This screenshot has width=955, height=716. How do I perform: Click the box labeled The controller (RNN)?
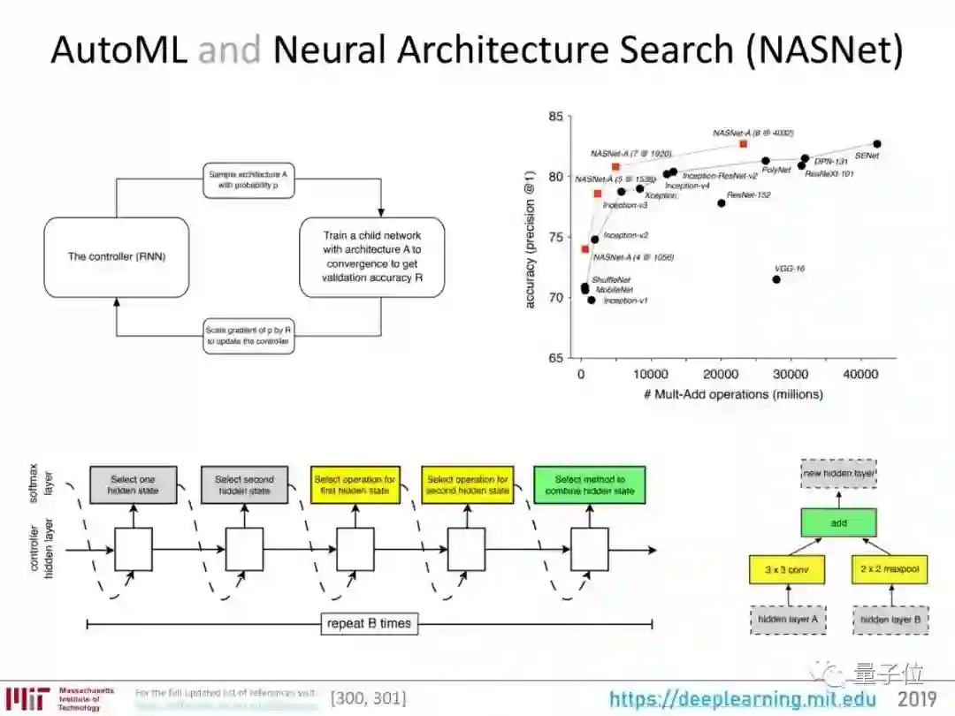point(117,256)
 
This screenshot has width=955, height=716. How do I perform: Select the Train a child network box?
point(371,256)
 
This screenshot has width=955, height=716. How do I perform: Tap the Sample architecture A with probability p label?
point(248,180)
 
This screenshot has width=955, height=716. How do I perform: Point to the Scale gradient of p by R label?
point(248,335)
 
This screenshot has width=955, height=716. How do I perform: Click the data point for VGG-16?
point(776,279)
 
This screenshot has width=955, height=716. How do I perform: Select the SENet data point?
point(876,143)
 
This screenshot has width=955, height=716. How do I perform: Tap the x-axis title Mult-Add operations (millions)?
point(734,394)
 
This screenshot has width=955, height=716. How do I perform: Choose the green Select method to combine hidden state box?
point(590,484)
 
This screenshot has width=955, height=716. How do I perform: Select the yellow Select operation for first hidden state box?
point(355,484)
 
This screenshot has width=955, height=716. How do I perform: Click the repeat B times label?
point(369,623)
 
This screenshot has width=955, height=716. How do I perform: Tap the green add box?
point(839,523)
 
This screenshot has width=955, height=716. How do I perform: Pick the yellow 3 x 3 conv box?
point(786,570)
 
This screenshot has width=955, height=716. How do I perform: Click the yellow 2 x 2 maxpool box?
point(890,570)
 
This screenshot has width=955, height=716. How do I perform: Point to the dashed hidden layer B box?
point(890,620)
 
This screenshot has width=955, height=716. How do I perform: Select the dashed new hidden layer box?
point(839,474)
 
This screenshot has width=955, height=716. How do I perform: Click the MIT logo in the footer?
point(27,698)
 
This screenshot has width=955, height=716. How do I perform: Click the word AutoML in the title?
point(118,50)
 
